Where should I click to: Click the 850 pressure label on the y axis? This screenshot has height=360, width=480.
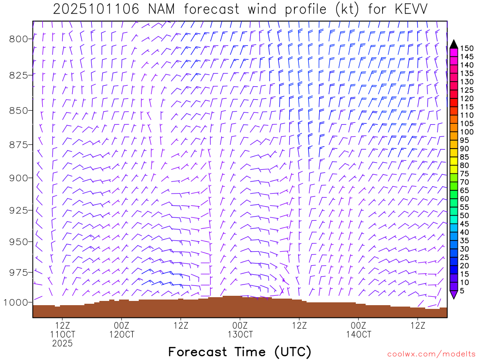pyautogui.click(x=18, y=111)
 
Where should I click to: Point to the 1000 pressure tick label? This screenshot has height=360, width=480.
pyautogui.click(x=16, y=302)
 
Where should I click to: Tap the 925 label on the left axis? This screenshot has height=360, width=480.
pyautogui.click(x=18, y=210)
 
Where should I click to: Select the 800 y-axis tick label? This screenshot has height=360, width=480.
pyautogui.click(x=18, y=39)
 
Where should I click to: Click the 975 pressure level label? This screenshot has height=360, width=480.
pyautogui.click(x=18, y=272)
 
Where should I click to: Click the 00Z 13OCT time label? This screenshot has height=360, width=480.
pyautogui.click(x=240, y=330)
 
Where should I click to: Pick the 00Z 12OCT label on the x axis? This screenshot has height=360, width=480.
pyautogui.click(x=121, y=330)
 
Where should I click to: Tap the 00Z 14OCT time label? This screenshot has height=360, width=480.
pyautogui.click(x=359, y=330)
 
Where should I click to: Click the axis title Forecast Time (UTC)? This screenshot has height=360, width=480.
pyautogui.click(x=240, y=352)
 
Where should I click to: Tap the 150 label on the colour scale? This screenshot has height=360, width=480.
pyautogui.click(x=467, y=48)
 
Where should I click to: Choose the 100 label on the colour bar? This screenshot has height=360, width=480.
pyautogui.click(x=467, y=132)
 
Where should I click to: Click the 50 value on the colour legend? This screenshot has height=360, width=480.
pyautogui.click(x=465, y=215)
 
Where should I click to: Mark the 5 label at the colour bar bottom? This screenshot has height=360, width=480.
pyautogui.click(x=463, y=291)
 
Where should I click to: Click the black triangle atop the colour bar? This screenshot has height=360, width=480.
pyautogui.click(x=454, y=44)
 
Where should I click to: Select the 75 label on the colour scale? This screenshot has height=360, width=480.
pyautogui.click(x=465, y=173)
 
